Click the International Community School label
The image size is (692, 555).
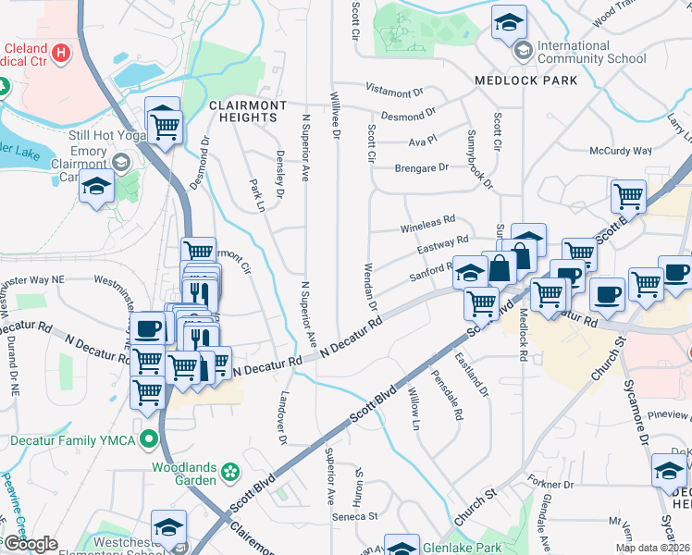pyautogui.click(x=591, y=52)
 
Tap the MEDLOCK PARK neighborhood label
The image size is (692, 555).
pyautogui.click(x=526, y=80)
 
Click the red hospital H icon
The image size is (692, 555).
pyautogui.click(x=62, y=52)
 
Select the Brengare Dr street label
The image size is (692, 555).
pyautogui.click(x=421, y=167)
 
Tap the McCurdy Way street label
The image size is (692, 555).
pyautogui.click(x=622, y=151)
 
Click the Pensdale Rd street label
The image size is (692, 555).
pyautogui.click(x=456, y=396)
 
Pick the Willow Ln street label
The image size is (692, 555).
pyautogui.click(x=414, y=409)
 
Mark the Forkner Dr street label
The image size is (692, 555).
pyautogui.click(x=552, y=483)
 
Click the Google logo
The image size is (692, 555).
pyautogui.click(x=30, y=544)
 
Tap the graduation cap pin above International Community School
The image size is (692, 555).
pyautogui.click(x=508, y=22)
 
